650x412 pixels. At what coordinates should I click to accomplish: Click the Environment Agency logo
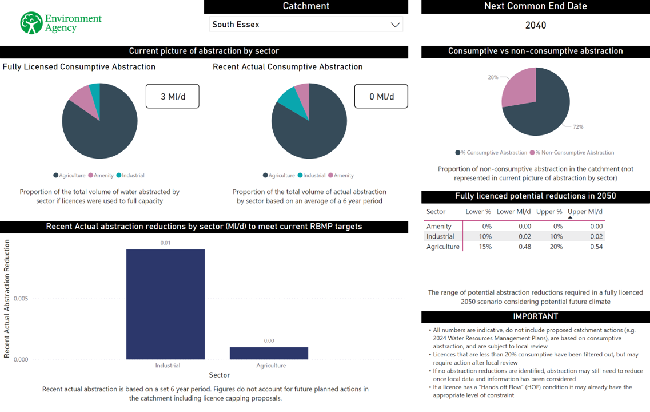pyautogui.click(x=61, y=23)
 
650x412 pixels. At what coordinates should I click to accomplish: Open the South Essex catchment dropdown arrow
pyautogui.click(x=394, y=25)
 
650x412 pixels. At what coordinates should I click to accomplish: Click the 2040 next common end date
pyautogui.click(x=536, y=25)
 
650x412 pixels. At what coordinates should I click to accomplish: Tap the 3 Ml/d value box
pyautogui.click(x=173, y=96)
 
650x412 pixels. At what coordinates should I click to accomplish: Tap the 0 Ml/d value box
pyautogui.click(x=381, y=96)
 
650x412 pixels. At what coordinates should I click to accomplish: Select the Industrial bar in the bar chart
pyautogui.click(x=165, y=304)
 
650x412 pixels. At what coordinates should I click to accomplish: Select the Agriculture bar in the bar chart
pyautogui.click(x=269, y=353)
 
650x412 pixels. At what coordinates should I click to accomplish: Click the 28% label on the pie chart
pyautogui.click(x=493, y=77)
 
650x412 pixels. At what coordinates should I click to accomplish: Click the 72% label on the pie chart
pyautogui.click(x=579, y=127)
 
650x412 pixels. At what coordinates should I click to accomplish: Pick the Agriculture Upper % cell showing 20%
pyautogui.click(x=556, y=247)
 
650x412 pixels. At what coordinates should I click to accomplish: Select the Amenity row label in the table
pyautogui.click(x=439, y=226)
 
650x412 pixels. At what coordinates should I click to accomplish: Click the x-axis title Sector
pyautogui.click(x=219, y=375)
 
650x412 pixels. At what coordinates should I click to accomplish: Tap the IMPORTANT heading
pyautogui.click(x=535, y=316)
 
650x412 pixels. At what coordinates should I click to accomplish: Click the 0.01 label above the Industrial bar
pyautogui.click(x=165, y=243)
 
